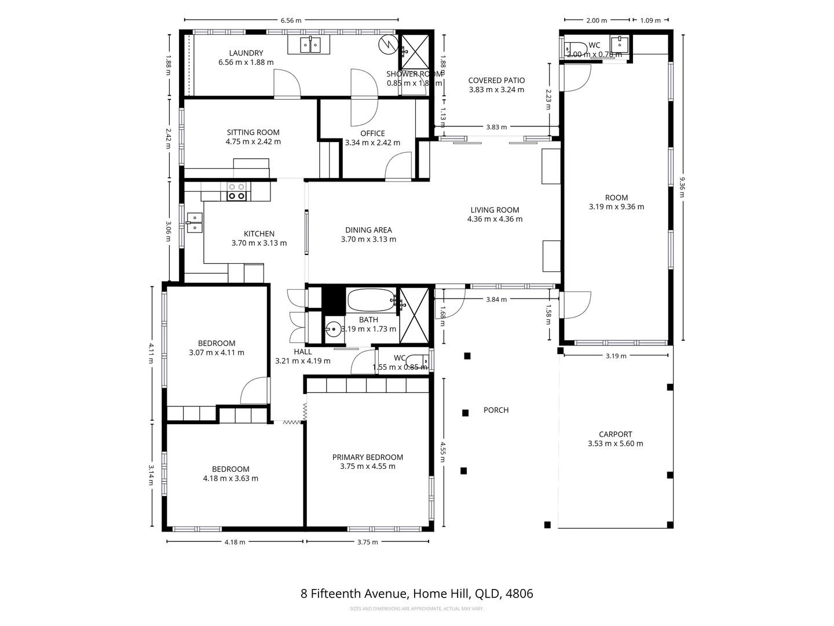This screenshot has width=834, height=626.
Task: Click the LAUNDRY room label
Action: click(x=246, y=53)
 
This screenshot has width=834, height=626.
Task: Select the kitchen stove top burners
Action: click(x=236, y=192)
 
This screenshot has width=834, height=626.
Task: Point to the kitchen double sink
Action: click(x=195, y=222)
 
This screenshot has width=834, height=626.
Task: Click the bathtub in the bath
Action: click(x=370, y=301)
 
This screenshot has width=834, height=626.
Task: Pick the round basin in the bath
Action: click(x=333, y=330)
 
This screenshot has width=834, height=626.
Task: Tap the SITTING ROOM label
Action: click(x=253, y=132)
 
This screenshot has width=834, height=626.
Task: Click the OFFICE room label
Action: click(x=372, y=133)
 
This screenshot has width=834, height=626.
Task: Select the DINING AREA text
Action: click(x=368, y=230)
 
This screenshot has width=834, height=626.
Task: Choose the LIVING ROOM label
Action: click(x=495, y=210)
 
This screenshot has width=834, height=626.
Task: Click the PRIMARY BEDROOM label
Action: click(x=368, y=457)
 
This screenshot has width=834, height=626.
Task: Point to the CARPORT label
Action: click(x=615, y=434)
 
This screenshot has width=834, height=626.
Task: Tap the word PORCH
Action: click(x=496, y=410)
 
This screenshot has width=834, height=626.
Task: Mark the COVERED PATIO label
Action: click(x=496, y=81)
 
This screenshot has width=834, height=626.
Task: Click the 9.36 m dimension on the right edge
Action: click(x=682, y=187)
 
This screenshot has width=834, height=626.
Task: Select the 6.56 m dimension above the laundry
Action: click(x=291, y=20)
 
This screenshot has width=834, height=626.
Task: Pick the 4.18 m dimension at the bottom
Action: click(x=235, y=542)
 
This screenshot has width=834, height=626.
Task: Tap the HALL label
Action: click(x=302, y=351)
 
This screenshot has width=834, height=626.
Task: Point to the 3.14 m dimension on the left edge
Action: click(x=151, y=476)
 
